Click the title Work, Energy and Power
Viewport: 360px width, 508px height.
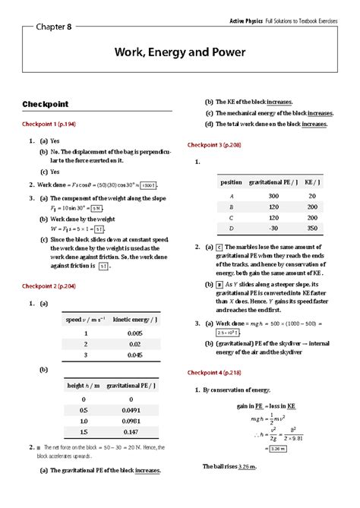pos(180,53)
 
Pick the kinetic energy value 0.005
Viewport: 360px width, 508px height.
pos(135,333)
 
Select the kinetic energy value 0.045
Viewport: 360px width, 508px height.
pos(135,354)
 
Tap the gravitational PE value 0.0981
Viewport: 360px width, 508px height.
pos(131,421)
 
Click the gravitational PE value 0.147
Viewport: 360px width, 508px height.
pos(131,431)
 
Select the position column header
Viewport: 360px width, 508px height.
pos(231,182)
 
